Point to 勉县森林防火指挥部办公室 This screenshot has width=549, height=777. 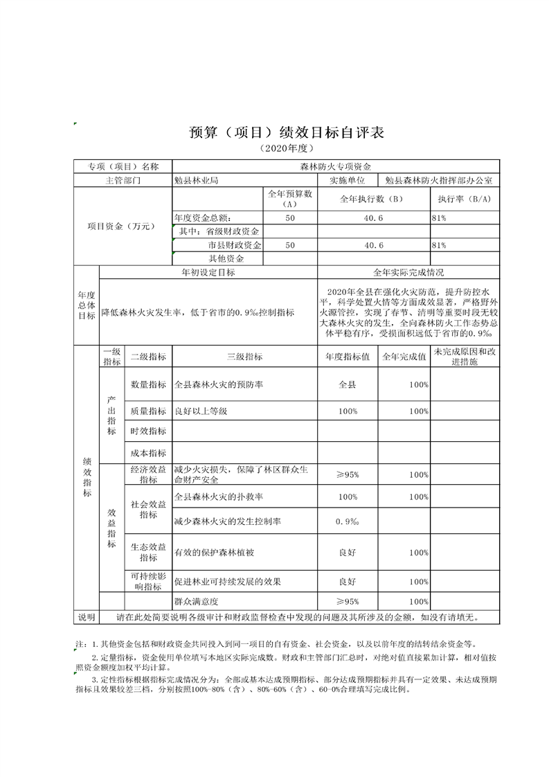point(439,180)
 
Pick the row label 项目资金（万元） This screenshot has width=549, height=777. point(123,226)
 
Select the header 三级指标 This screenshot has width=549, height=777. point(244,357)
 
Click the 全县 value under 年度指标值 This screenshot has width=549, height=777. point(347,384)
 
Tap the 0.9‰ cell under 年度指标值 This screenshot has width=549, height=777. point(347,521)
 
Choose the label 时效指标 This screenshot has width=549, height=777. point(148,431)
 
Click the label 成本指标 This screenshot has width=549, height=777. point(148,453)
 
